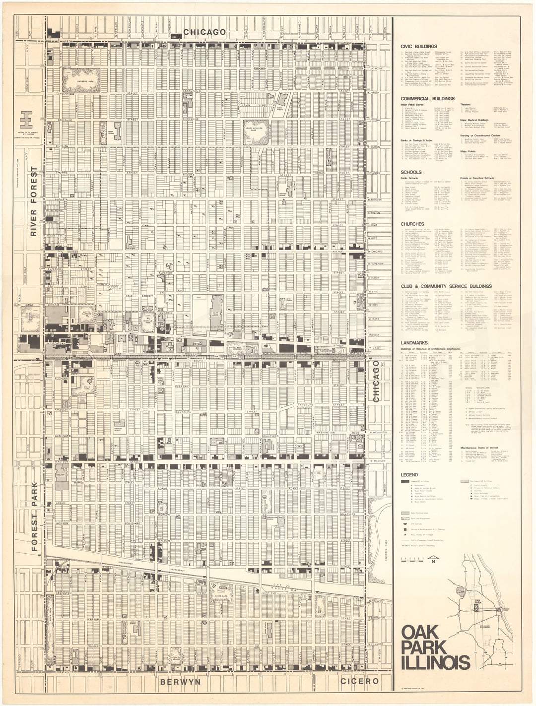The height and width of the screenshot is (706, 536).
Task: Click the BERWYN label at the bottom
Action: [x=180, y=682]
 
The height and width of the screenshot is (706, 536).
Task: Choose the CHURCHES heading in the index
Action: [x=412, y=224]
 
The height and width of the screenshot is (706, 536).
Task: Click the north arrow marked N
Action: [x=433, y=561]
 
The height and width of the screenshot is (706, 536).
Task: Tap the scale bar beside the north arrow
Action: [x=415, y=561]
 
